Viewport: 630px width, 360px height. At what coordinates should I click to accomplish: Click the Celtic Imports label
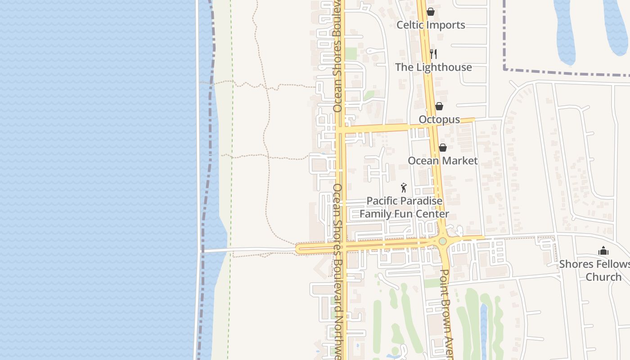tap(431, 25)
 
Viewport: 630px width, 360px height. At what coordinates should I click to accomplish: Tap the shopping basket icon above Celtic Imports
tap(431, 12)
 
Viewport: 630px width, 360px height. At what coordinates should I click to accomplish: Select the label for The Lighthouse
tap(433, 67)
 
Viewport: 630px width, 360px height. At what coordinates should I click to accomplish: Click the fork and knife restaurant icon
tap(433, 54)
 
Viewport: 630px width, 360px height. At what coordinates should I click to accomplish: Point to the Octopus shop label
tap(439, 120)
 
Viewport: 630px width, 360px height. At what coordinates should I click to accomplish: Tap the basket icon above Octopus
tap(439, 106)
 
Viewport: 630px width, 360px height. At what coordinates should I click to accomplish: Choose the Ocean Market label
tap(442, 161)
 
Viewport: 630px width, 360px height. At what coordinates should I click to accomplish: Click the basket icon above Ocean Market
tap(443, 148)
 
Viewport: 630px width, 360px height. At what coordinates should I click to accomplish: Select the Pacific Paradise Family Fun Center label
tap(404, 207)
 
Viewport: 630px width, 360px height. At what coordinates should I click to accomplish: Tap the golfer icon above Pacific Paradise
tap(404, 188)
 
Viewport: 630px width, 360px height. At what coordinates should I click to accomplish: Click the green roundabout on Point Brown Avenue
tap(443, 242)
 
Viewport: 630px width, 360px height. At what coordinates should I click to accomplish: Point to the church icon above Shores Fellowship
tap(603, 251)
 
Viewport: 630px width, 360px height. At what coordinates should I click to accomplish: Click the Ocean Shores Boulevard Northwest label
tap(337, 270)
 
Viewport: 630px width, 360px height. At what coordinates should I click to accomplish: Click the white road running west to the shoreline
tap(247, 250)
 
